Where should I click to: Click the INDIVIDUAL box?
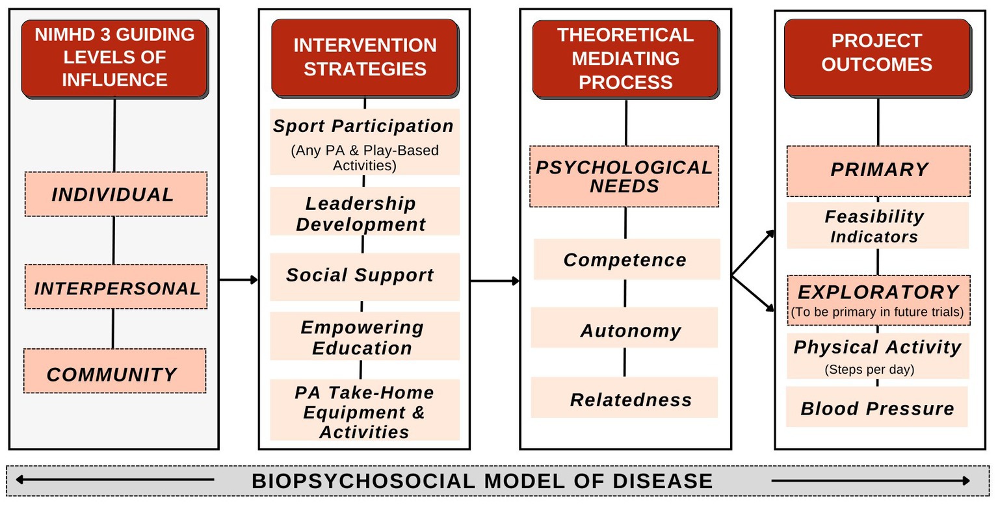(116, 194)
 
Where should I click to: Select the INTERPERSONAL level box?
(116, 287)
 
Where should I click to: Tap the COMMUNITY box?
(115, 371)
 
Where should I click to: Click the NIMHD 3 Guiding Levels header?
(114, 58)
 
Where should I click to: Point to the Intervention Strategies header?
(365, 58)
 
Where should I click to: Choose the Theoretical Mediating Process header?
(625, 59)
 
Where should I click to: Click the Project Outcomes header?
(878, 58)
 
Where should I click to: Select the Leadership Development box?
(365, 211)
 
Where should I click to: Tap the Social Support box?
(365, 277)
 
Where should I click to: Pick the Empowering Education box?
(365, 336)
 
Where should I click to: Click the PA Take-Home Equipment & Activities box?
(365, 409)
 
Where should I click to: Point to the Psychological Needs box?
(624, 176)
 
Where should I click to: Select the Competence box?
(627, 259)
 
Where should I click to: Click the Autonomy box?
(624, 328)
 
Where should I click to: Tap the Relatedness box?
(624, 397)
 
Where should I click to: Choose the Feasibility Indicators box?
(878, 226)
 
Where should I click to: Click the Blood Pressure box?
(877, 407)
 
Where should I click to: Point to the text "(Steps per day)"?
(869, 370)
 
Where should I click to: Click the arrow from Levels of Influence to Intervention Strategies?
(239, 279)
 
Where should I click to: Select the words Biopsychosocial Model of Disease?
(482, 481)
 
